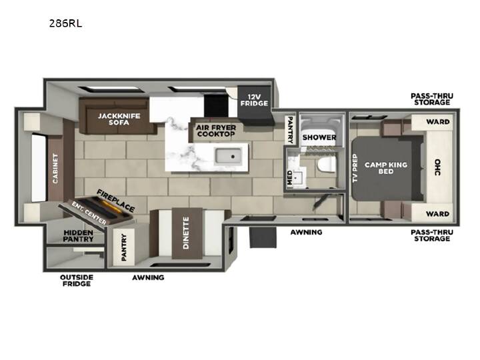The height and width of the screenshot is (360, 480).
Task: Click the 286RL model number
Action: click(x=65, y=23)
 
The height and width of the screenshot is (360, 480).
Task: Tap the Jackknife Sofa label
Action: click(x=119, y=119)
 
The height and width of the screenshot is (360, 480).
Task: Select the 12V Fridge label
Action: click(x=254, y=101)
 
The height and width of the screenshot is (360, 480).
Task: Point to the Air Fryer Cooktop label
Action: click(x=216, y=131)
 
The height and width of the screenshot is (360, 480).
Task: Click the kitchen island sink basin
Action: click(x=228, y=156)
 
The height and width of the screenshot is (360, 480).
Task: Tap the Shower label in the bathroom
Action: click(x=319, y=137)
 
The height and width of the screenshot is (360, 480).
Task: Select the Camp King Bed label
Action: click(x=386, y=168)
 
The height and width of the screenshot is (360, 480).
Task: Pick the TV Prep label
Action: click(x=355, y=168)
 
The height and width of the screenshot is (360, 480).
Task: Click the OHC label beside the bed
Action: click(x=438, y=167)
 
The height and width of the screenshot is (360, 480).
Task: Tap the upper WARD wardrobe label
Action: click(x=438, y=122)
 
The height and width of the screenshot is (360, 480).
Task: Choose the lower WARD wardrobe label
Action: click(x=438, y=214)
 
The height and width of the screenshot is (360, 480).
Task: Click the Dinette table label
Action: click(x=186, y=233)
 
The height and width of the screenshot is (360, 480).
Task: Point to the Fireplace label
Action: click(x=116, y=201)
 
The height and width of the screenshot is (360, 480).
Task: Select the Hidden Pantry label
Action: click(x=79, y=236)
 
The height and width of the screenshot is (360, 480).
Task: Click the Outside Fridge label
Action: click(x=77, y=281)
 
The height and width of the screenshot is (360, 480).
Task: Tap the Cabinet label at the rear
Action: click(x=55, y=169)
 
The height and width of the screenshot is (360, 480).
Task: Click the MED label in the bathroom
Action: click(x=289, y=178)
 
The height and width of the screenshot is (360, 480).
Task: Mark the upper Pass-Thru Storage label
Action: click(x=432, y=99)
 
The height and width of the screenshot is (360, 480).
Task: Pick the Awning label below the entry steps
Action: click(x=306, y=233)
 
